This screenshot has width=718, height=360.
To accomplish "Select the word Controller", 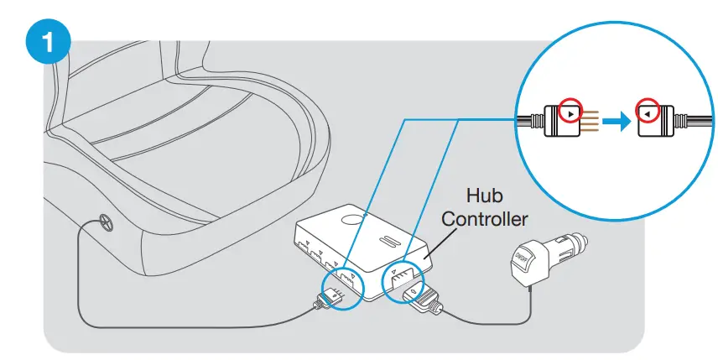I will tap(485, 219).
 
